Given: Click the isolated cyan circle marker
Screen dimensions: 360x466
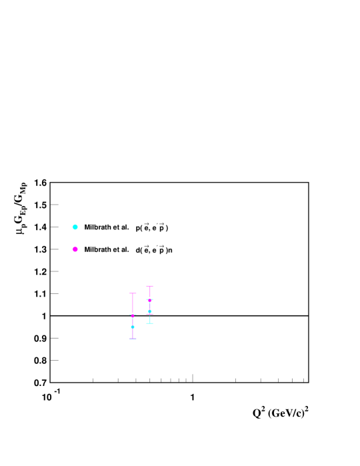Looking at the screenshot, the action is [x=75, y=227].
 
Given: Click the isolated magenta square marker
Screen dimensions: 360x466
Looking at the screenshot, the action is [x=75, y=249].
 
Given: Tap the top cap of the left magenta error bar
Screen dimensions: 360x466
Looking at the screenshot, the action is [x=133, y=293].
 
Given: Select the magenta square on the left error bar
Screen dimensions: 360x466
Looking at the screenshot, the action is [x=133, y=317].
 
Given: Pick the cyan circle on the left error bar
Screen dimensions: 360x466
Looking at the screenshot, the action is [x=133, y=327].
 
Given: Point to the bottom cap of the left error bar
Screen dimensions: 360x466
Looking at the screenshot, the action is [x=133, y=339].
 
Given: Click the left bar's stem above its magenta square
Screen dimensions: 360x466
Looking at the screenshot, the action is [x=133, y=305].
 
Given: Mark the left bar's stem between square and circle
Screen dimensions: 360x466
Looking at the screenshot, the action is [x=133, y=322].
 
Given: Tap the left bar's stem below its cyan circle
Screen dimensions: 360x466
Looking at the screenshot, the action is [x=133, y=333].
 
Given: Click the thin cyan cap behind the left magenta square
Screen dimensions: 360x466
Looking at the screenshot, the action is [x=130, y=315].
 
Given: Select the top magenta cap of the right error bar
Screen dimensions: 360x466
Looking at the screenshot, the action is [x=150, y=286].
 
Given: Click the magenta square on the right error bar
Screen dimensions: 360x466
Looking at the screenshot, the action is [x=150, y=301].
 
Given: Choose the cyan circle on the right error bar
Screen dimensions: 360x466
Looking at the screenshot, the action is [x=150, y=311].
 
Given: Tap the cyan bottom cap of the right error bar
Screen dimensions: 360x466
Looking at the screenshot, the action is [x=150, y=323].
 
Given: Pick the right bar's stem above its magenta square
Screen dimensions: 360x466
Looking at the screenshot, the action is [x=150, y=293].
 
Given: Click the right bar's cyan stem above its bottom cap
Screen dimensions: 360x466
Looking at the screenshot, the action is [x=150, y=319].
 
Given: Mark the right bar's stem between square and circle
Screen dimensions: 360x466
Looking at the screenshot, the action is [x=150, y=306].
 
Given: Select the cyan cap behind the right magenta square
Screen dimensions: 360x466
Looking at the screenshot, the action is [x=147, y=299].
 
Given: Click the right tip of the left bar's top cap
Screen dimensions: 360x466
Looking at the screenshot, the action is [x=136, y=293].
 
